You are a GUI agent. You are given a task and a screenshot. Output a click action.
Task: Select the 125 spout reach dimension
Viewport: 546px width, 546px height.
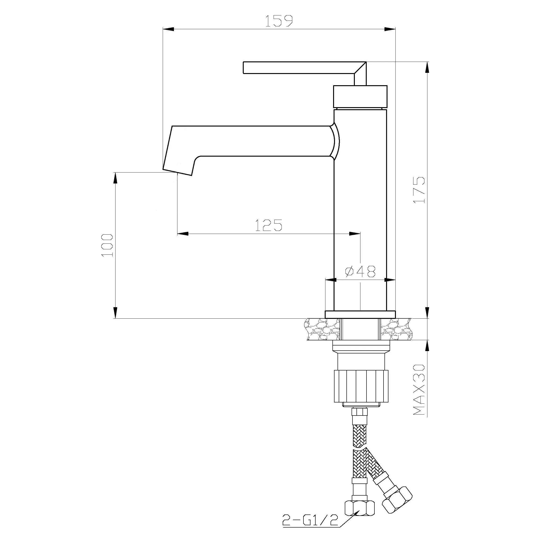269,225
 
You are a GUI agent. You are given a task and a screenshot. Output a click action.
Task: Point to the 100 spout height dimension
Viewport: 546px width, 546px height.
107,245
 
